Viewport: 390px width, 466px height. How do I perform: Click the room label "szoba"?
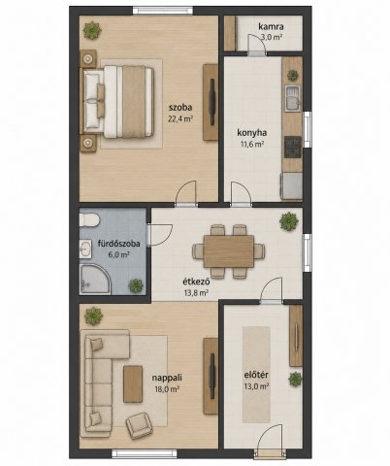point(180,108)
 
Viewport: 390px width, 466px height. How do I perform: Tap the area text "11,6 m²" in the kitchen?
point(252,145)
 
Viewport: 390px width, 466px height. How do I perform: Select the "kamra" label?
point(271,26)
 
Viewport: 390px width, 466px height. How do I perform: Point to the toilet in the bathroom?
point(88,219)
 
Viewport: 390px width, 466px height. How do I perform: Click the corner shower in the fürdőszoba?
point(94,280)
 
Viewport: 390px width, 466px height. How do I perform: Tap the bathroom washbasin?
point(85,250)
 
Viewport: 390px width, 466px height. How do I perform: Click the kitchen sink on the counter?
point(293,99)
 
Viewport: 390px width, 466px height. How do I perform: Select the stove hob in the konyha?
point(293,147)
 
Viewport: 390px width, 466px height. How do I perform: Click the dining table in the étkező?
point(229,251)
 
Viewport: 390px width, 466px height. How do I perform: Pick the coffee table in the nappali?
point(133,384)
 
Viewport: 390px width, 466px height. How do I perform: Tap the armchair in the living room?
point(139,425)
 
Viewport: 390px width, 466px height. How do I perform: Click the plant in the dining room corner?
point(289,221)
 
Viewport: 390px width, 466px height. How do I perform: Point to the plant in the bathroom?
point(136,285)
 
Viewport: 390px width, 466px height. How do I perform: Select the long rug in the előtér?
point(256,375)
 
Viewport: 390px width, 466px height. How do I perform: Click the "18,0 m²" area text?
point(167,389)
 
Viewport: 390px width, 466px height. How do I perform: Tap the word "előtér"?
point(256,375)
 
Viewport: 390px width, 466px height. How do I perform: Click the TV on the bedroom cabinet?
point(212,102)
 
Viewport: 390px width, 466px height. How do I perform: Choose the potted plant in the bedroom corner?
point(92,31)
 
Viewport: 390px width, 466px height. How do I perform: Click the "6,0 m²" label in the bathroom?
point(119,255)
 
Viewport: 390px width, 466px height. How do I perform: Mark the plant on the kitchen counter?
point(293,76)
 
